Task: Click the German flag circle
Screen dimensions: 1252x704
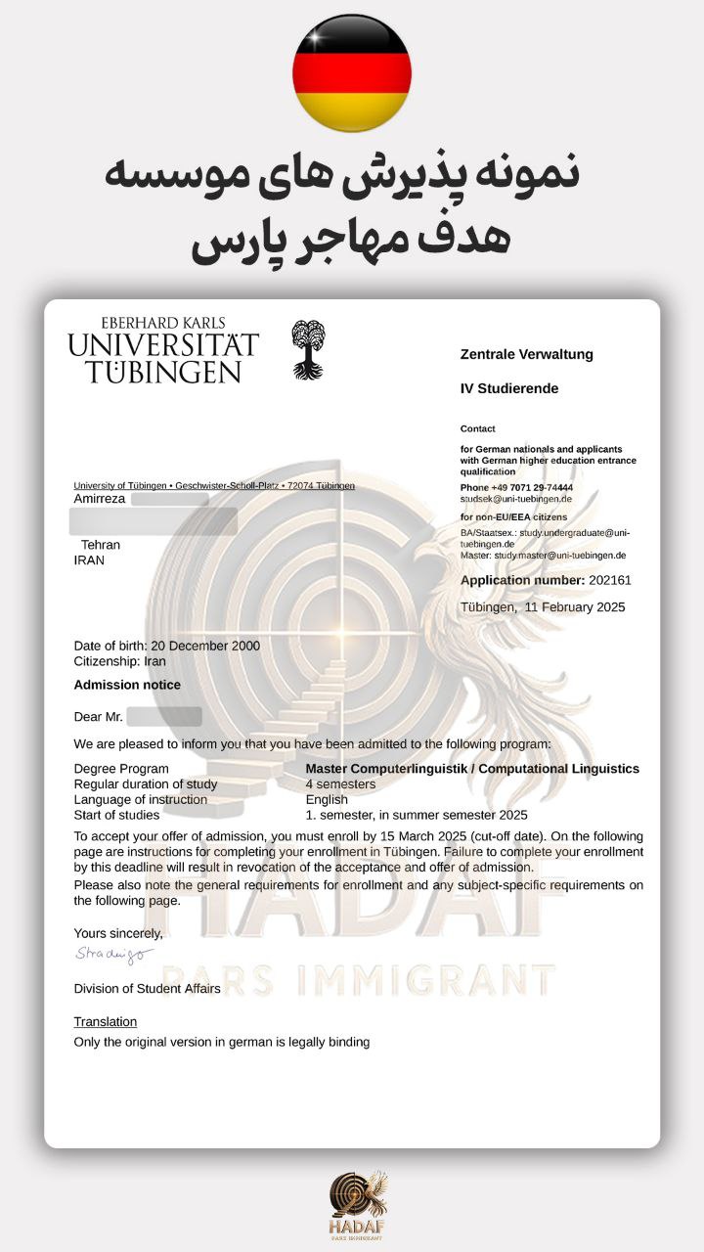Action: point(352,73)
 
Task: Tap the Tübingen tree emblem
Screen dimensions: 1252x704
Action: point(308,349)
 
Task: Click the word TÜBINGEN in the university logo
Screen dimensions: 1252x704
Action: point(162,372)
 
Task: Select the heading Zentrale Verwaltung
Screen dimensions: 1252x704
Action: point(526,354)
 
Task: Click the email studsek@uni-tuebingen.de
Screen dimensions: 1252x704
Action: point(516,499)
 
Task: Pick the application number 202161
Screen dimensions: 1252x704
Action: point(610,580)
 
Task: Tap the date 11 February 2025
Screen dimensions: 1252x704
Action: point(575,607)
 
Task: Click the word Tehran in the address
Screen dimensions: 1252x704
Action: point(101,545)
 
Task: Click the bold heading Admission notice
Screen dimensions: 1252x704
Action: point(127,685)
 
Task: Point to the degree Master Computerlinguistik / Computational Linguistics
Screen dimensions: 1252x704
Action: point(472,769)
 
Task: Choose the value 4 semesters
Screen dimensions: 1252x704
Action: point(340,784)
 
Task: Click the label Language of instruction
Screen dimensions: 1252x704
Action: point(141,800)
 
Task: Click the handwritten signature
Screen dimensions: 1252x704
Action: point(113,954)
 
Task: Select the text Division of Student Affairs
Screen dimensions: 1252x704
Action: point(147,989)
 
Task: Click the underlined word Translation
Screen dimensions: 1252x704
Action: point(106,1022)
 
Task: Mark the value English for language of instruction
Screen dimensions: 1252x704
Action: point(327,800)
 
